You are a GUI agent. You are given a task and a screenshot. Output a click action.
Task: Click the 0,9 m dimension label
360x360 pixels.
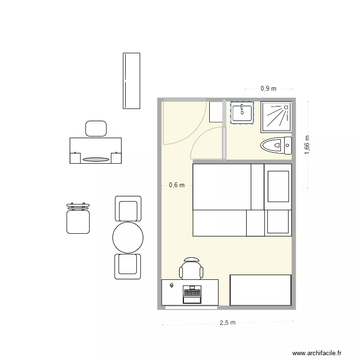[x=268, y=88]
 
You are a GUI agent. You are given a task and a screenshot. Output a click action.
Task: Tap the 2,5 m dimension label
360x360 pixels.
[x=228, y=323]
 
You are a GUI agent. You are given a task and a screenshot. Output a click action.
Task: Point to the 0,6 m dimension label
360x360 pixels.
[x=177, y=185]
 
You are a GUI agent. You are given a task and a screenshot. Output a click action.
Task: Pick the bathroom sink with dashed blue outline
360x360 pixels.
[x=242, y=113]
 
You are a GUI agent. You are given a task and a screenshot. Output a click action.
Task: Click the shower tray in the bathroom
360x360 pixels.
[x=276, y=117]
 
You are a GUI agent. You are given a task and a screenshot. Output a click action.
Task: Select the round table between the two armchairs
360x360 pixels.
[x=128, y=237]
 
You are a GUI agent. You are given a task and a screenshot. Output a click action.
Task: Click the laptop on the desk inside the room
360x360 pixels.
[x=192, y=294]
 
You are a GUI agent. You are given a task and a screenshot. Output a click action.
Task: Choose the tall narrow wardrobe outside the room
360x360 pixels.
[x=132, y=81]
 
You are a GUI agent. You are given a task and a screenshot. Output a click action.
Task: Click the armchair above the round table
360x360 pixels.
[x=128, y=209]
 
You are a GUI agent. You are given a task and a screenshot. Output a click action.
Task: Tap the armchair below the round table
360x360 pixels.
[x=128, y=266]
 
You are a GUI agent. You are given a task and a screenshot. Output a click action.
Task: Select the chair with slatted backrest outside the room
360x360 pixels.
[x=78, y=218]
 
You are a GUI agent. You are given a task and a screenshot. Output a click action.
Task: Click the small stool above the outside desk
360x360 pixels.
[x=96, y=128]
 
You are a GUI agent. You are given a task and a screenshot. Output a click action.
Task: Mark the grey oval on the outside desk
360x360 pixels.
[x=96, y=159]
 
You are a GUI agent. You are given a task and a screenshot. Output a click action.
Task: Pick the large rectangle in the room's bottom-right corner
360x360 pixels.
[x=261, y=290]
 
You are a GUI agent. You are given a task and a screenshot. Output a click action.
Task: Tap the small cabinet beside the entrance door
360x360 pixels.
[x=215, y=111]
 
